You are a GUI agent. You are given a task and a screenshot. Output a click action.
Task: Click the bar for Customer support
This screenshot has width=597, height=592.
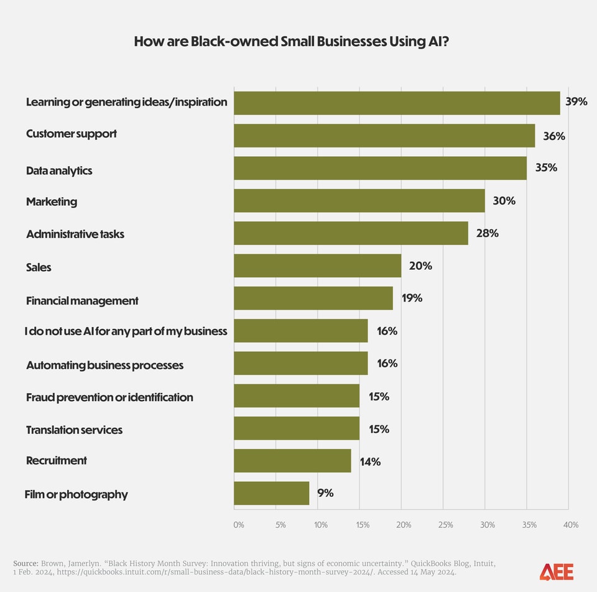pyautogui.click(x=384, y=136)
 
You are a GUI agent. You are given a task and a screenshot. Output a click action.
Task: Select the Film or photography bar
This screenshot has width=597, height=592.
pyautogui.click(x=272, y=493)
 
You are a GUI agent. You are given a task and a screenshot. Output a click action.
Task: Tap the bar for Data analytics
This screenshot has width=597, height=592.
pyautogui.click(x=380, y=168)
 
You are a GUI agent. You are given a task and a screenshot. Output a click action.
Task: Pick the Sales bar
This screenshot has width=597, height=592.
pyautogui.click(x=318, y=266)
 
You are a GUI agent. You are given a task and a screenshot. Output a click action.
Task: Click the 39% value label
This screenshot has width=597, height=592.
pyautogui.click(x=576, y=102)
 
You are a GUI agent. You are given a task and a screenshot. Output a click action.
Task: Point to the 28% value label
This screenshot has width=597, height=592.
pyautogui.click(x=488, y=233)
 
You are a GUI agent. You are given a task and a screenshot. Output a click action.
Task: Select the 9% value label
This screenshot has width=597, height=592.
pyautogui.click(x=325, y=493)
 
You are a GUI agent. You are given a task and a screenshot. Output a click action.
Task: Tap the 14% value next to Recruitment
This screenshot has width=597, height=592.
pyautogui.click(x=370, y=461)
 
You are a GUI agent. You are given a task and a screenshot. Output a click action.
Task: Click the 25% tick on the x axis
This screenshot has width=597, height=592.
pyautogui.click(x=445, y=525)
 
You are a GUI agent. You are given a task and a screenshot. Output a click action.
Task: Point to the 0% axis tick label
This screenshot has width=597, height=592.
pyautogui.click(x=239, y=525)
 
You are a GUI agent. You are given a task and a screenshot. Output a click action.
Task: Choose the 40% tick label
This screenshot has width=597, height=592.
pyautogui.click(x=570, y=525)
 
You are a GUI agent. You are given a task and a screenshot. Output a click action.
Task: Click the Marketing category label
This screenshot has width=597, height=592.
pyautogui.click(x=52, y=201)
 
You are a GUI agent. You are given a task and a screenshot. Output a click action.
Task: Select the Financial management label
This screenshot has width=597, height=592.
pyautogui.click(x=82, y=301)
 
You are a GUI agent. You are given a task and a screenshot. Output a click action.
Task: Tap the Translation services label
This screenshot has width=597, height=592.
pyautogui.click(x=74, y=430)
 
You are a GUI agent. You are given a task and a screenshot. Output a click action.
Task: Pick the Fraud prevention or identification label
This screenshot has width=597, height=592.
pyautogui.click(x=109, y=397)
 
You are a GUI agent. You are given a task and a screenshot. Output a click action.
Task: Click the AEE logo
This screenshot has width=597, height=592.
pyautogui.click(x=556, y=571)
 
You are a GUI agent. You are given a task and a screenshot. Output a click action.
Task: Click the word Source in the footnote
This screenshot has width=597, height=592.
pyautogui.click(x=25, y=563)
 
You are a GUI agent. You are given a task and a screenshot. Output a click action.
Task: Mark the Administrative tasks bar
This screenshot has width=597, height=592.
pyautogui.click(x=351, y=233)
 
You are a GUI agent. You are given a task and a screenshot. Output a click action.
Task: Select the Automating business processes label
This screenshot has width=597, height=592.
pyautogui.click(x=104, y=365)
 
